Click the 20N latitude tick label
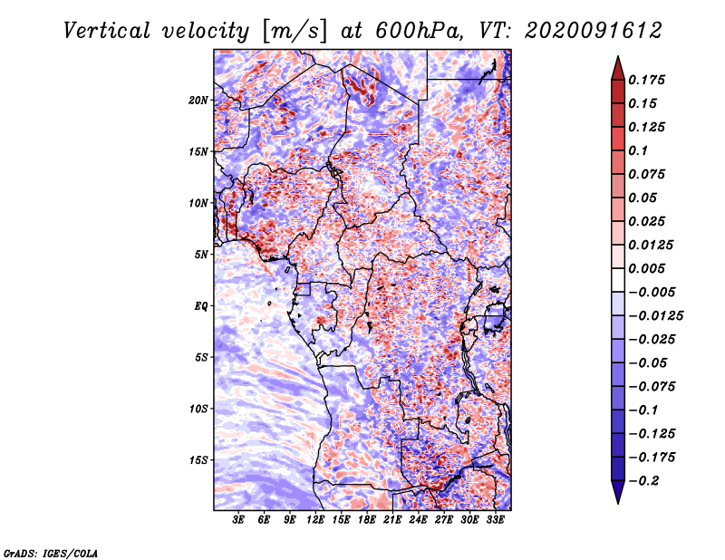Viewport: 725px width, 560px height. pyautogui.click(x=198, y=101)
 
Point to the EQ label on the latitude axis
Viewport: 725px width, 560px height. pyautogui.click(x=200, y=306)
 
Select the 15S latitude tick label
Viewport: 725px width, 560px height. pyautogui.click(x=198, y=460)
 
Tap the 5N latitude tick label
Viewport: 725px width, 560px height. pyautogui.click(x=200, y=255)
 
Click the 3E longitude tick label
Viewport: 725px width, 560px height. pyautogui.click(x=238, y=520)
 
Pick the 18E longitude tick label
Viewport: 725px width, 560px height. pyautogui.click(x=367, y=520)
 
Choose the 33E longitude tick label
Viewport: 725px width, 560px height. pyautogui.click(x=495, y=520)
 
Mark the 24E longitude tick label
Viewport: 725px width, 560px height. pyautogui.click(x=418, y=520)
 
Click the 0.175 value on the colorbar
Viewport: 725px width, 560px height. pyautogui.click(x=646, y=80)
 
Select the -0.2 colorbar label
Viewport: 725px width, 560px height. pyautogui.click(x=644, y=481)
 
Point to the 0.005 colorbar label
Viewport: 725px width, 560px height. pyautogui.click(x=646, y=268)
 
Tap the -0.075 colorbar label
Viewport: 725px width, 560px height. pyautogui.click(x=652, y=387)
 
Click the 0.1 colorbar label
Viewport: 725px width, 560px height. pyautogui.click(x=638, y=150)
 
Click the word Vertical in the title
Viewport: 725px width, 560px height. pyautogui.click(x=107, y=31)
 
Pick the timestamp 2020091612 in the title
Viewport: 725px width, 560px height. pyautogui.click(x=594, y=31)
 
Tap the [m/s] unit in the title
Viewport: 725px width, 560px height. pyautogui.click(x=295, y=32)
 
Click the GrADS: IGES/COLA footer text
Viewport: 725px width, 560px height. pyautogui.click(x=51, y=554)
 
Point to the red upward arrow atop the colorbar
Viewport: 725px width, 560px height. pyautogui.click(x=618, y=69)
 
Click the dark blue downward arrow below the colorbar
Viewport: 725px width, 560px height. pyautogui.click(x=618, y=492)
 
